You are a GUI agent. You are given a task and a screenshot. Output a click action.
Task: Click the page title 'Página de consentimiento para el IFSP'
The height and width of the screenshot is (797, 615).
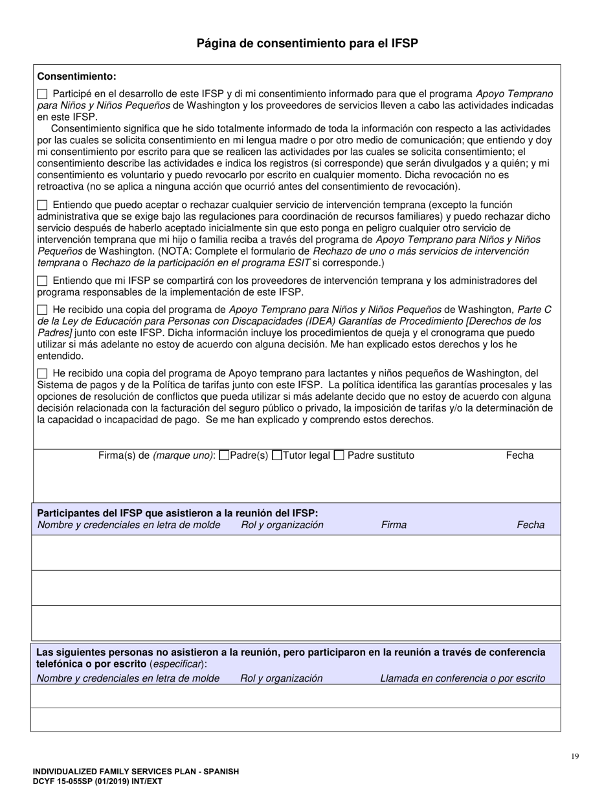[x=307, y=44]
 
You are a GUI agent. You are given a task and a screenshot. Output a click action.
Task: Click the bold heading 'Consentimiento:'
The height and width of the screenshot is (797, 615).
[x=77, y=76]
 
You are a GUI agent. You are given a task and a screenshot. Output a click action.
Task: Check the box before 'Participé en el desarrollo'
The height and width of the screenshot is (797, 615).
[x=43, y=93]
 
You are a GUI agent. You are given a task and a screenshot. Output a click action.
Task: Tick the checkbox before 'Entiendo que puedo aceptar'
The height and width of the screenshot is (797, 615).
[x=43, y=205]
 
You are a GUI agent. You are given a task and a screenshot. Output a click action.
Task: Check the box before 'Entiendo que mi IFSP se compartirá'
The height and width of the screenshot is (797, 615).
[x=43, y=281]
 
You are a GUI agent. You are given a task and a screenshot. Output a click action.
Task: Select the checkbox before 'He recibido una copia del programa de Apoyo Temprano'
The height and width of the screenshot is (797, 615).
[x=43, y=310]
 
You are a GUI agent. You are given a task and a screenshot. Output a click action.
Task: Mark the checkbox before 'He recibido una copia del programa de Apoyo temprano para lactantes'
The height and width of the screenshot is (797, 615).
[x=43, y=373]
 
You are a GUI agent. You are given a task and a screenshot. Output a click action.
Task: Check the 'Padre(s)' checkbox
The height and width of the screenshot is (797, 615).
[x=225, y=456]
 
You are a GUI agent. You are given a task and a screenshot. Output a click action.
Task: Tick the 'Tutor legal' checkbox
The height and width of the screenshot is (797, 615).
[x=277, y=456]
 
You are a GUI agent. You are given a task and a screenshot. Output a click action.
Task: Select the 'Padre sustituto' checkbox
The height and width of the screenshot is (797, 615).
[x=339, y=456]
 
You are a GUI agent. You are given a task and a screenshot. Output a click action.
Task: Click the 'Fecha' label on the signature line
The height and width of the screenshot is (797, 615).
[x=519, y=456]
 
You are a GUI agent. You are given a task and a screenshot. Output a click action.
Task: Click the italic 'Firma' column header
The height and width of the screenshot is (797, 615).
[x=394, y=525]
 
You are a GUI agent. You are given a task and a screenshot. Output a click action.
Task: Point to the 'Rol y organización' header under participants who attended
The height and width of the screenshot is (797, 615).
[x=282, y=525]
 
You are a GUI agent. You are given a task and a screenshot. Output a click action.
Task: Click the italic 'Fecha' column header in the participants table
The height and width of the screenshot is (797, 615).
[x=530, y=525]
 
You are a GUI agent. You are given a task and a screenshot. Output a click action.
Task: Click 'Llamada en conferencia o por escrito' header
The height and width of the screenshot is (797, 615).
[x=462, y=678]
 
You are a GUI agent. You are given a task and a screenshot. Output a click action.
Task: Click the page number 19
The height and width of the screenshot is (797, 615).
[x=575, y=756]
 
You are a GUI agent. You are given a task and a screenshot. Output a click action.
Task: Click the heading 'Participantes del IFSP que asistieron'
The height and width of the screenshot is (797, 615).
[x=177, y=513]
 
